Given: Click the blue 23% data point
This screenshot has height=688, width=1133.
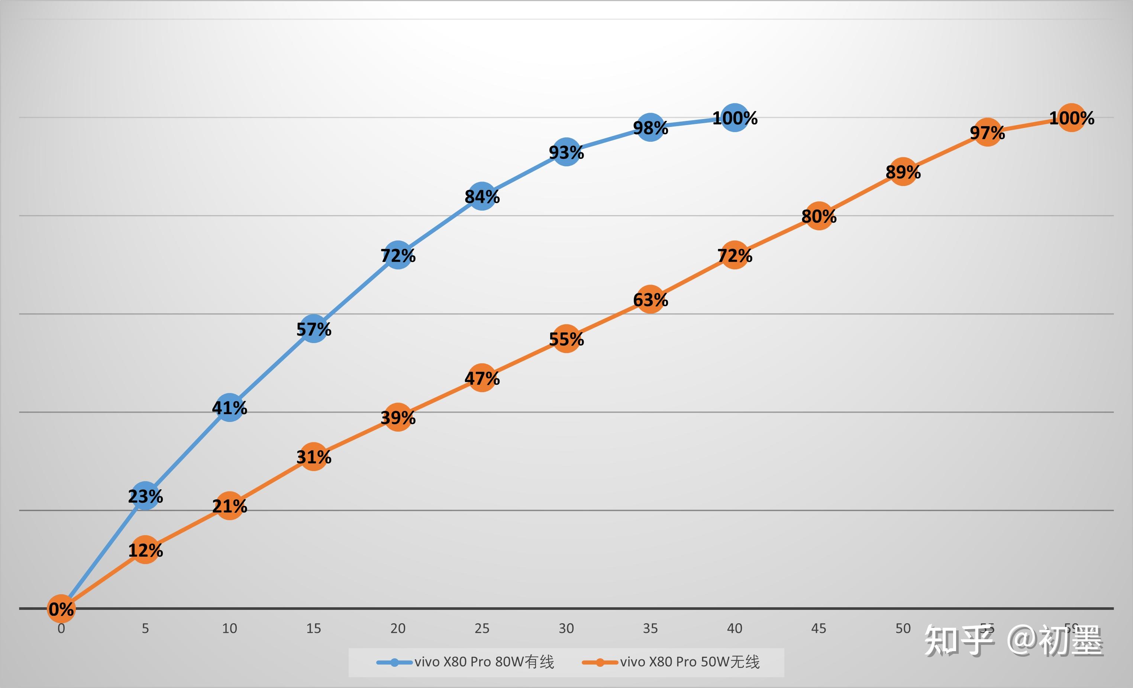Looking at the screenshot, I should [145, 496].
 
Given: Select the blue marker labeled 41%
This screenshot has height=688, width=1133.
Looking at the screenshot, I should [229, 408].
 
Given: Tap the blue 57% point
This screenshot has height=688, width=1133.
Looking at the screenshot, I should [314, 329].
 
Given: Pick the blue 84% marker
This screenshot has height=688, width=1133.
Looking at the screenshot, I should [482, 196].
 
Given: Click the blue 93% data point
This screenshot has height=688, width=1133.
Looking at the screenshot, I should [566, 152].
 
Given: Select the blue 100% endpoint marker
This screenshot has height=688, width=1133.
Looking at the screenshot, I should [735, 118].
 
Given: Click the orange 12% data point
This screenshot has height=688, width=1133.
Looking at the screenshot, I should [145, 550].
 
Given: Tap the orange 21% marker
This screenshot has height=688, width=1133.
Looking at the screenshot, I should [229, 506].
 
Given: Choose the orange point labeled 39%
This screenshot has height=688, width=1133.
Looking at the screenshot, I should [398, 417].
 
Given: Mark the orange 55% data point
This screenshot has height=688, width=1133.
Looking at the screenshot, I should [566, 339].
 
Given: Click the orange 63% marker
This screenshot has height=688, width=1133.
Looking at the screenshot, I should [650, 300].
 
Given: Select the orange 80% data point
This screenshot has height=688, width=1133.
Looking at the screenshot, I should [819, 216].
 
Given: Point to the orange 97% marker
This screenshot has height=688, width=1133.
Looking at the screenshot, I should [987, 132].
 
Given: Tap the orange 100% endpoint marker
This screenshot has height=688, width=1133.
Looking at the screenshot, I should [1071, 118].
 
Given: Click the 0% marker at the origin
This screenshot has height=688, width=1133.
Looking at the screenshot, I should [61, 608].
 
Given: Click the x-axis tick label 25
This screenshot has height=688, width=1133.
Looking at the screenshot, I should [482, 628].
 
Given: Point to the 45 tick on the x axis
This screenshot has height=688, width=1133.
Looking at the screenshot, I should [819, 628].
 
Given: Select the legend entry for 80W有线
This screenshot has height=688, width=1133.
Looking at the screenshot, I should [465, 662].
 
